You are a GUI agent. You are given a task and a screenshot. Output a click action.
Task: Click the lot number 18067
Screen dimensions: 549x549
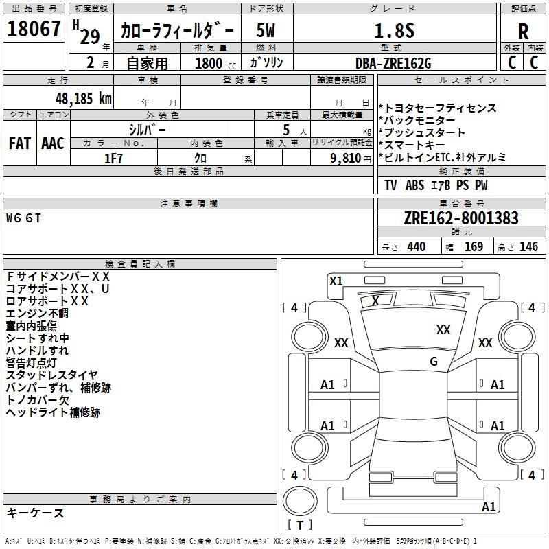(x=34, y=30)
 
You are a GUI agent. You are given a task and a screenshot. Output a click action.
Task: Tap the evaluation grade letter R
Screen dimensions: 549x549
(x=523, y=32)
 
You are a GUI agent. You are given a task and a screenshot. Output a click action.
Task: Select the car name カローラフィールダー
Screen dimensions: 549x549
(x=177, y=31)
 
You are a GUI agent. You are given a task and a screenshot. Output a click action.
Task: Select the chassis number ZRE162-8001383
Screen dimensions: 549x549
(x=461, y=218)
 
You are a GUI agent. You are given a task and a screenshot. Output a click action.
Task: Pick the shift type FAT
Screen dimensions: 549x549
(x=19, y=143)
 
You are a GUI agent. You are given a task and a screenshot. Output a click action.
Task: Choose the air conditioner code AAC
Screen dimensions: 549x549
(x=53, y=143)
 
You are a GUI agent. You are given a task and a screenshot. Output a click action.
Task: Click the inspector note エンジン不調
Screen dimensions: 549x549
(x=37, y=314)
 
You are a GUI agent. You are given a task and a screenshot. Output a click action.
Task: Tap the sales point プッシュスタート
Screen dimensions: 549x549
(x=424, y=132)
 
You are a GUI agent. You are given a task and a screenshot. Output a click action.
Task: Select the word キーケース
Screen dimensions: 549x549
(x=35, y=513)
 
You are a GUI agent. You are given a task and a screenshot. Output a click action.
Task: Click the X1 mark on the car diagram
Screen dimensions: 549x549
(x=336, y=281)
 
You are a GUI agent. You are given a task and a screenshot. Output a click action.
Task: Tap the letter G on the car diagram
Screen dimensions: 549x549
(x=433, y=362)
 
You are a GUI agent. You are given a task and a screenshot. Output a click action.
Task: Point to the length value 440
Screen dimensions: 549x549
(x=416, y=247)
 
